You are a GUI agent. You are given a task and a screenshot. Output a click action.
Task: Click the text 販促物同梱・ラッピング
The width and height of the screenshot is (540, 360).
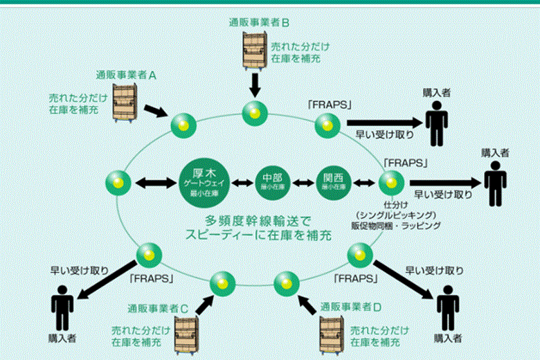[395, 225]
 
